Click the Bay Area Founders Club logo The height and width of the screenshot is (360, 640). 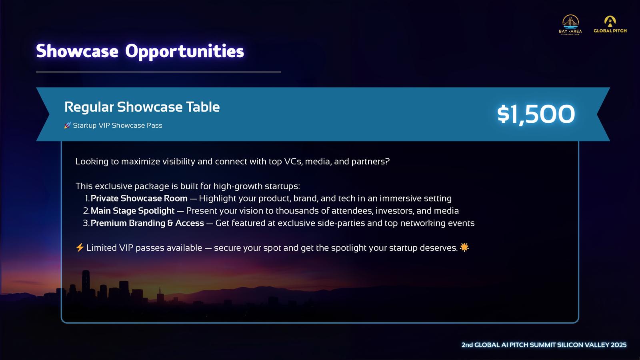[x=570, y=25]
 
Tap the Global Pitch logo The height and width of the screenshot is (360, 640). [x=610, y=24]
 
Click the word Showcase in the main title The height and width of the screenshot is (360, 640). [x=77, y=51]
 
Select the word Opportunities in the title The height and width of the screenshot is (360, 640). [x=184, y=52]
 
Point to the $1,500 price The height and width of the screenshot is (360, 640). [x=536, y=114]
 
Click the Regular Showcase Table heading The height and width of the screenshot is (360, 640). [x=142, y=107]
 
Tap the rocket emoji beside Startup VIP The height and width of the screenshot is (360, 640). [x=68, y=125]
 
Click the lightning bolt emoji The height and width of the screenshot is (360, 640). [x=80, y=248]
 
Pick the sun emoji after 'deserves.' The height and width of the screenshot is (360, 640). [x=464, y=247]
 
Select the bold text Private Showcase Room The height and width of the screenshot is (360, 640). [x=139, y=198]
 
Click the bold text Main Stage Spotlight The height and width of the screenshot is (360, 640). [x=132, y=211]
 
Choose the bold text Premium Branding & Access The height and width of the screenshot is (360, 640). [x=147, y=223]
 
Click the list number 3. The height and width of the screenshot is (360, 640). [x=86, y=223]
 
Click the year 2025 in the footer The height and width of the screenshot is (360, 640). [x=618, y=345]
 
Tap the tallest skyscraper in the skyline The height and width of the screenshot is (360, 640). [x=86, y=284]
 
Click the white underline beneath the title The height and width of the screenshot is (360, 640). [x=158, y=72]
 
